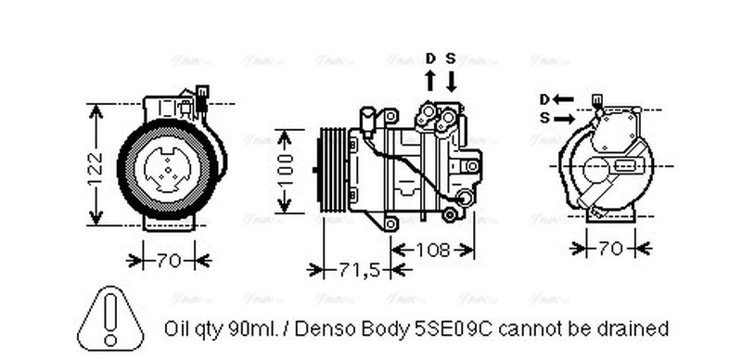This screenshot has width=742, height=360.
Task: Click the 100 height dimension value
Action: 287,171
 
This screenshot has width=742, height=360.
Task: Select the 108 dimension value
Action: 433,250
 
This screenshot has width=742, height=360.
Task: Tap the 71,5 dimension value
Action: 357,270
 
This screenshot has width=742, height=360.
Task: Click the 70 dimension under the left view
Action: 168,261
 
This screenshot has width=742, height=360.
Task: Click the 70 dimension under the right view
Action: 610,249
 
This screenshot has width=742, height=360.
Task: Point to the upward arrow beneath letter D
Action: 430,80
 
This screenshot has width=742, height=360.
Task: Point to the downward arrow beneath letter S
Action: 451,80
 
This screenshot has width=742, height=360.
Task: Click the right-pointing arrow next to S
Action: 564,118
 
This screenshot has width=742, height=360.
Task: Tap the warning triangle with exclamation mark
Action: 110,316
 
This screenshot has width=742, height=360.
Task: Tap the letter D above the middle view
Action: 430,58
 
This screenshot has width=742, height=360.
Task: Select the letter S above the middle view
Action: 451,58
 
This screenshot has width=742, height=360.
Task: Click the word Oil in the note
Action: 176,328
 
